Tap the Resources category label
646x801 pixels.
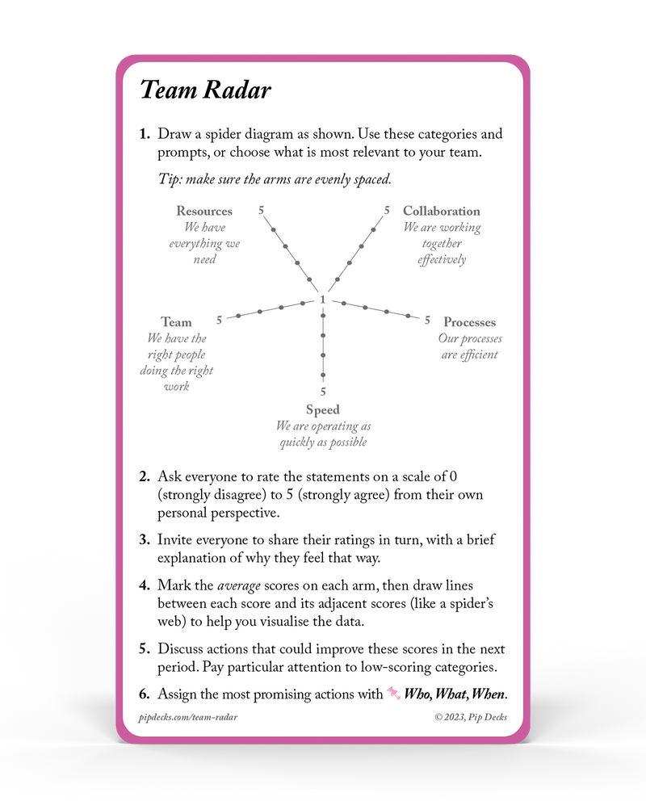click(x=204, y=212)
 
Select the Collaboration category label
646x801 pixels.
click(x=442, y=212)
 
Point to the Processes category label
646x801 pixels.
click(x=469, y=323)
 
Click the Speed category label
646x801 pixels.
click(x=323, y=410)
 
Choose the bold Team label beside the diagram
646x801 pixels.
click(x=176, y=322)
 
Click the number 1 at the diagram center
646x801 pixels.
click(x=323, y=300)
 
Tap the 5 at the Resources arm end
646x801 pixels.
click(x=262, y=210)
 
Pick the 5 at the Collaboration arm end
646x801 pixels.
click(x=387, y=210)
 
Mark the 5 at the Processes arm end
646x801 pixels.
click(x=428, y=320)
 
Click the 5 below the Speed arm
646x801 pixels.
click(x=323, y=392)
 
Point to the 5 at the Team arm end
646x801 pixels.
click(x=219, y=321)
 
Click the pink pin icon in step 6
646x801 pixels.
click(x=394, y=693)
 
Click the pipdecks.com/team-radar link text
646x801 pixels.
click(x=188, y=716)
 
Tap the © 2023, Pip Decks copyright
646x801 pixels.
click(x=471, y=716)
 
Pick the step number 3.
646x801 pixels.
click(x=145, y=540)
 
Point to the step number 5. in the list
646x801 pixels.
click(x=145, y=649)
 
